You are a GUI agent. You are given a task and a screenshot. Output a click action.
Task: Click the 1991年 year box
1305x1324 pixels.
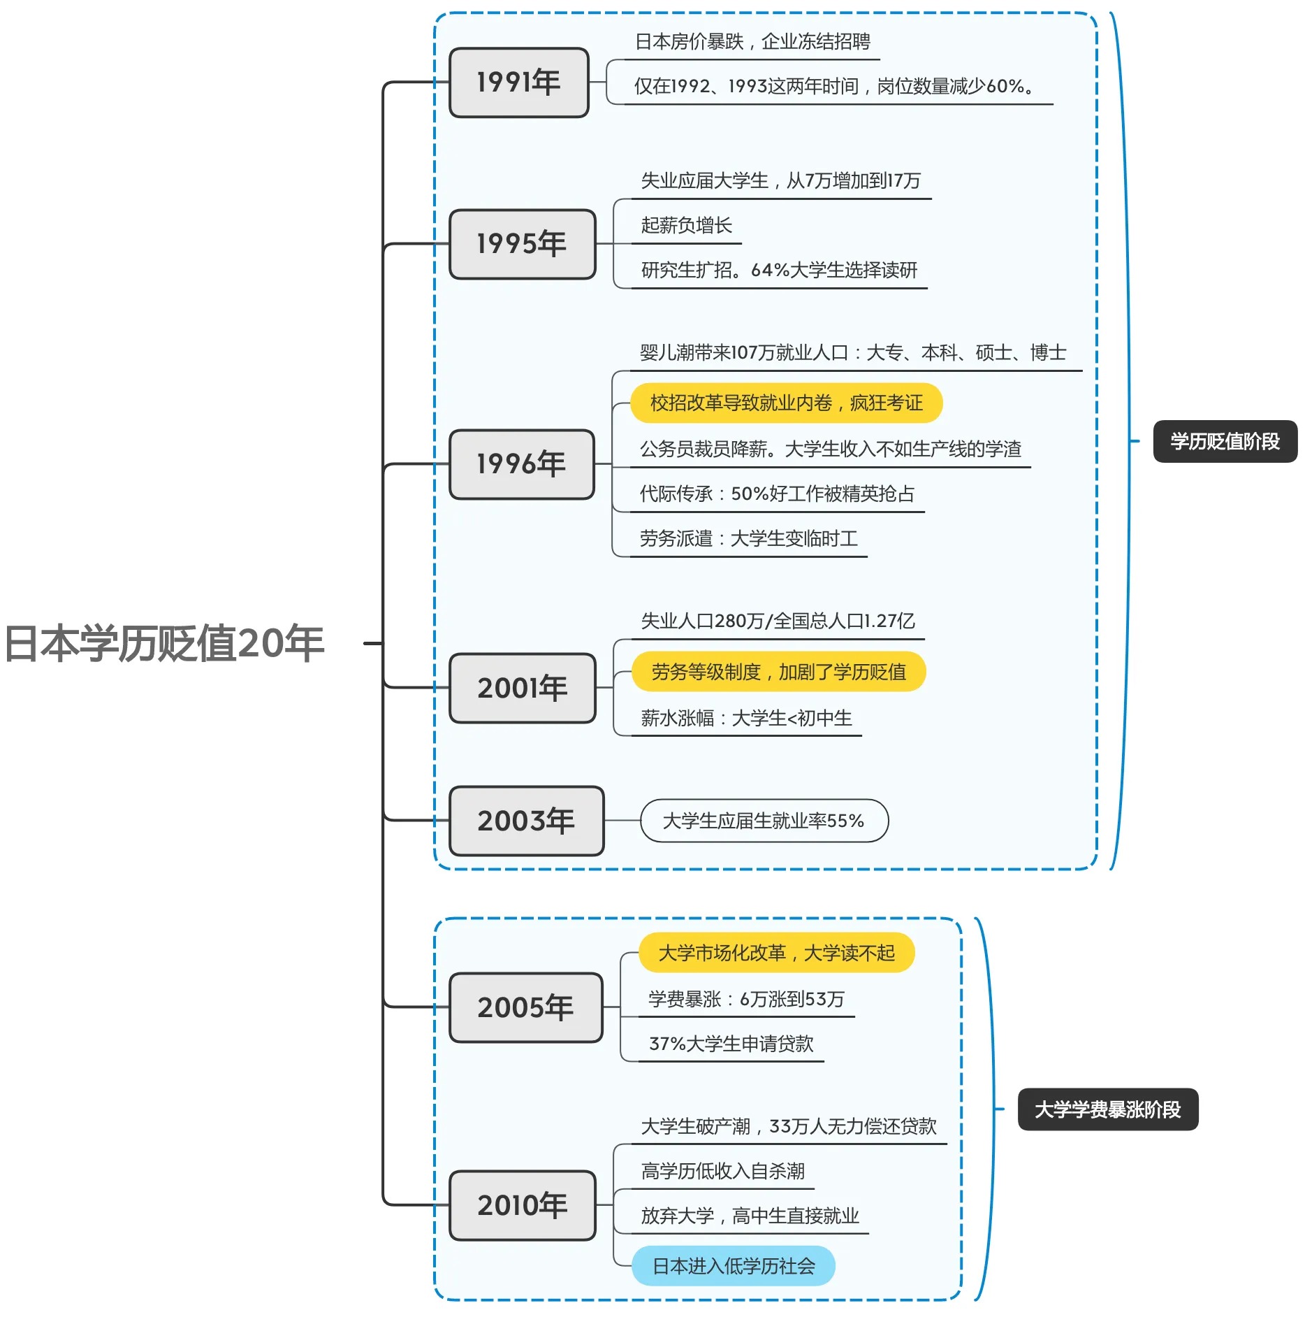519,82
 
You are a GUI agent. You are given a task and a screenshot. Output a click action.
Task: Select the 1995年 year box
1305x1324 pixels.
523,244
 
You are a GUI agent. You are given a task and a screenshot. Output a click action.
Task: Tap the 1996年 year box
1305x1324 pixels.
522,464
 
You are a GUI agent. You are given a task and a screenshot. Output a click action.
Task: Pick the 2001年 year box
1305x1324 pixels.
523,688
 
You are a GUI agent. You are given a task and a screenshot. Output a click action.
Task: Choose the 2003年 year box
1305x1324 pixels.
526,821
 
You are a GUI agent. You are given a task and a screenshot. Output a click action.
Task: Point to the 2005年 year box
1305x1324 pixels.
525,1007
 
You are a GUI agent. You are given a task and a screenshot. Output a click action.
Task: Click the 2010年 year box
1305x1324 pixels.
523,1205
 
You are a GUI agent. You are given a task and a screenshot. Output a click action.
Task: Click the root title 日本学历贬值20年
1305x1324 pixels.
165,643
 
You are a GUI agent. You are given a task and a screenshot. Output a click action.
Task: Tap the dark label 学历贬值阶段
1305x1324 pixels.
1225,441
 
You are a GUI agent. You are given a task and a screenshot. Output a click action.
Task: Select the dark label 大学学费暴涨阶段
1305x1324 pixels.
1107,1109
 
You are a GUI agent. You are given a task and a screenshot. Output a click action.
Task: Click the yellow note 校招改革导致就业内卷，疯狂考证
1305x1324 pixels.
786,403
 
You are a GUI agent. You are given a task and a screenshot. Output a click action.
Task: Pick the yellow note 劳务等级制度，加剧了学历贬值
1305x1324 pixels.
778,672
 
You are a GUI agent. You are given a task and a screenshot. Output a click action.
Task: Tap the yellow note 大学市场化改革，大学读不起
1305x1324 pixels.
776,953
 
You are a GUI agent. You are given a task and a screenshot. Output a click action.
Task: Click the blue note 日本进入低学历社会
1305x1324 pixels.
734,1266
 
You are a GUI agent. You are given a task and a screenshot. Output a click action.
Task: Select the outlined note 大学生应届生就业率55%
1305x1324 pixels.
764,821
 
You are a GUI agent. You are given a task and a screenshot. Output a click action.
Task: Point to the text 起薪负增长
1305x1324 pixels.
686,225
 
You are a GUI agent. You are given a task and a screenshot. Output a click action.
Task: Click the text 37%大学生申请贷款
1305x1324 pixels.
731,1044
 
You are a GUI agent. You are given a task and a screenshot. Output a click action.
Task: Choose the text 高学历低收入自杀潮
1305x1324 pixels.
722,1171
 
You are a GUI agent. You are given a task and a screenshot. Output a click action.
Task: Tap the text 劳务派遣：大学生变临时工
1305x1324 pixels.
748,538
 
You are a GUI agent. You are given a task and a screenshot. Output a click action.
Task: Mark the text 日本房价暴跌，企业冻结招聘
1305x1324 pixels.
752,42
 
